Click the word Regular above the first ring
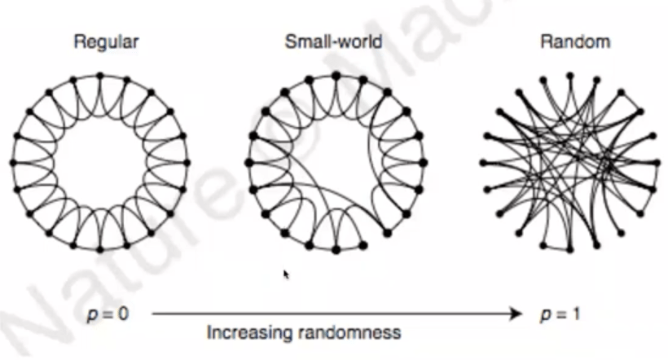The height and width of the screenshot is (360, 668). click(106, 42)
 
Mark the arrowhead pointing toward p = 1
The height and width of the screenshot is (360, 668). click(516, 312)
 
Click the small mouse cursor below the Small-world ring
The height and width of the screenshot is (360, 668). click(285, 274)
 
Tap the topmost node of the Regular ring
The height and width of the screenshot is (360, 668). click(99, 76)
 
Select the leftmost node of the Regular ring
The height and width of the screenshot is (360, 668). click(13, 162)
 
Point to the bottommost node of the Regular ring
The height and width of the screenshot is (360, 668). click(99, 248)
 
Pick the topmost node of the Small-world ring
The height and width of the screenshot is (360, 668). click(336, 76)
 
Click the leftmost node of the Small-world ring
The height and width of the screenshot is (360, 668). click(248, 162)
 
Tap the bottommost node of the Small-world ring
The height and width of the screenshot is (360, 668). click(336, 248)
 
